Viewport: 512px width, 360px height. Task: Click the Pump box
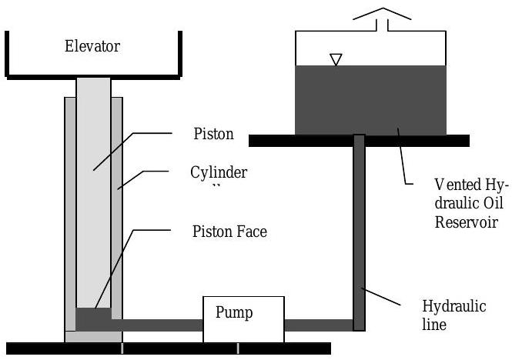coord(243,318)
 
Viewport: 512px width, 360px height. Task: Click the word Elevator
coord(93,47)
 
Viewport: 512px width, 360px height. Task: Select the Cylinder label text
coord(219,172)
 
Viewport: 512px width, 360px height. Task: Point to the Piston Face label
coord(229,231)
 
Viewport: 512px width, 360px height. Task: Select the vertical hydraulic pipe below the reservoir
coord(358,231)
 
